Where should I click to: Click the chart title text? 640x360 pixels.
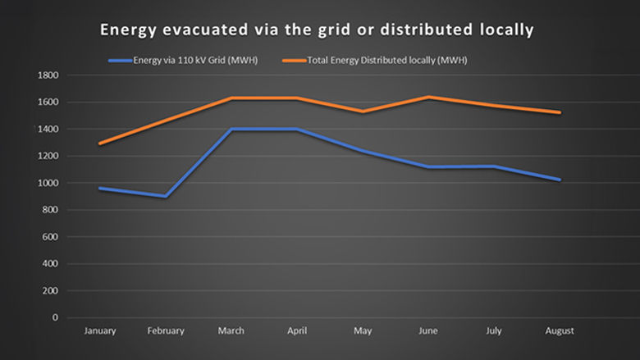[317, 30]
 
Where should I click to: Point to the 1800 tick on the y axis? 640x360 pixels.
[48, 75]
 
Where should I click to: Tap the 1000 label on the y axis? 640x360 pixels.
[48, 183]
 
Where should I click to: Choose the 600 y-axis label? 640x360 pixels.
[51, 237]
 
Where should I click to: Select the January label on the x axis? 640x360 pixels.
[99, 331]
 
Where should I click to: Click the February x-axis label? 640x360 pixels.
[165, 331]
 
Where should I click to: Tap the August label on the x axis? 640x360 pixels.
[560, 331]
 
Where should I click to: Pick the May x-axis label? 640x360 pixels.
[363, 331]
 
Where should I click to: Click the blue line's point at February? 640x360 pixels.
[165, 196]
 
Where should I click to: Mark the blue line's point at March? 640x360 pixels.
[231, 130]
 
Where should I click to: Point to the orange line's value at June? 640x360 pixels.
[428, 97]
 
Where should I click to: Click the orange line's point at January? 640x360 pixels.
[99, 144]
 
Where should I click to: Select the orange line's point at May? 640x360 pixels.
[363, 112]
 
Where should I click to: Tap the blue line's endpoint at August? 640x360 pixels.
[560, 180]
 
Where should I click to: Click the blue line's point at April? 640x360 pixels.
[296, 130]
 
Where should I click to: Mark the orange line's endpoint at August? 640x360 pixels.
[560, 112]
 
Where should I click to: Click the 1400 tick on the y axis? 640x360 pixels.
[48, 130]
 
